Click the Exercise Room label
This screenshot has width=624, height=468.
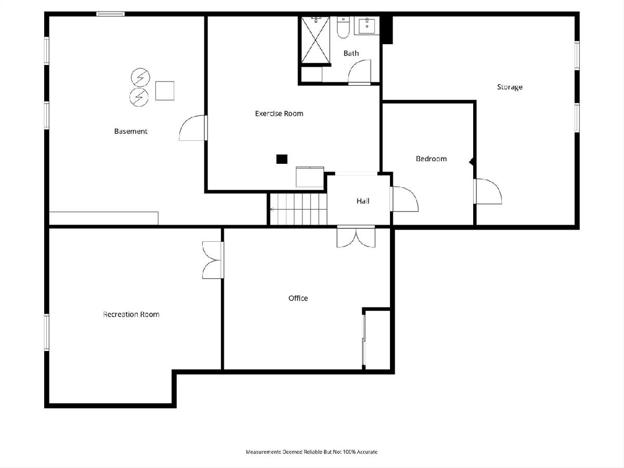279,114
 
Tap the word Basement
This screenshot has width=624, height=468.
131,131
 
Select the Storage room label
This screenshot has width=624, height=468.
510,87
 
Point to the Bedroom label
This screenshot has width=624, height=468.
431,159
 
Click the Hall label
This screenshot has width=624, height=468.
363,201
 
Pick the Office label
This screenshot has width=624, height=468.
298,298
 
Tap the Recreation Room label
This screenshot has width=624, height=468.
131,314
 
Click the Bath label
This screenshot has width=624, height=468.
351,53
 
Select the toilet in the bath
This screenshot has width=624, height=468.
343,27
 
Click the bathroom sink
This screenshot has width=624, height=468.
367,26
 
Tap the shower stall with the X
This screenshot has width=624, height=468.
316,40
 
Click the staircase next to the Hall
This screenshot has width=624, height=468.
298,209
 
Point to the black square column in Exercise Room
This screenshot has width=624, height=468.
282,159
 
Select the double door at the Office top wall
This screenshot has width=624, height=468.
356,237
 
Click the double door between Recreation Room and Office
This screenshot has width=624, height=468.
213,260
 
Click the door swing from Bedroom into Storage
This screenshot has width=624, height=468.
488,191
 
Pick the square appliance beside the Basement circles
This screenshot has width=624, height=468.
165,90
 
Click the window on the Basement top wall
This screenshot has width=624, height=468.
111,14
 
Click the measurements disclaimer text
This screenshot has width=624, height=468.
311,452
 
